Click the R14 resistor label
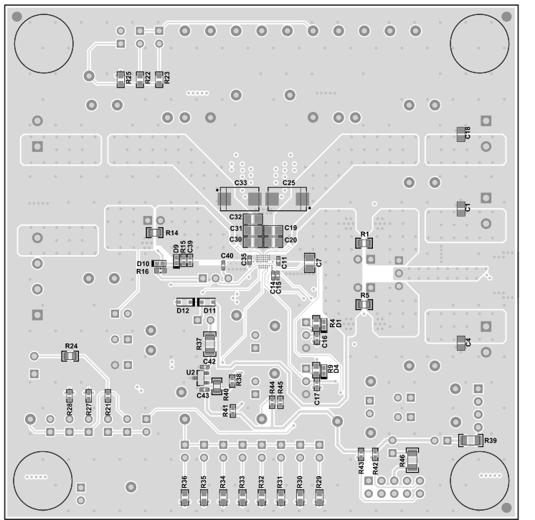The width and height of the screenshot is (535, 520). pyautogui.click(x=172, y=232)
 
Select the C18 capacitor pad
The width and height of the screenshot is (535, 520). pyautogui.click(x=460, y=133)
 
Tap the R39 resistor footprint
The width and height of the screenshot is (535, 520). pyautogui.click(x=470, y=440)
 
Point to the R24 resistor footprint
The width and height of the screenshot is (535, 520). pyautogui.click(x=70, y=356)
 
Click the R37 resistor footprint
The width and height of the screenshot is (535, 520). pyautogui.click(x=210, y=344)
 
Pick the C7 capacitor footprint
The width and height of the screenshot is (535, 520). pyautogui.click(x=309, y=263)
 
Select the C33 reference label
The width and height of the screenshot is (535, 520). pyautogui.click(x=240, y=184)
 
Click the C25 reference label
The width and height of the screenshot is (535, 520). pyautogui.click(x=288, y=184)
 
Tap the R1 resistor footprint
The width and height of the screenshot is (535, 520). pyautogui.click(x=364, y=243)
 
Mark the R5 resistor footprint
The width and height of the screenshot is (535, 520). pyautogui.click(x=364, y=305)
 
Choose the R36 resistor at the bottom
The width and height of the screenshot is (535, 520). pyautogui.click(x=184, y=495)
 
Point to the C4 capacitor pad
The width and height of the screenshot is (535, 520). pyautogui.click(x=460, y=344)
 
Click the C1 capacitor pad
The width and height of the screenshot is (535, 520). pyautogui.click(x=460, y=209)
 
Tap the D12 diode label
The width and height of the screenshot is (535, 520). pyautogui.click(x=182, y=311)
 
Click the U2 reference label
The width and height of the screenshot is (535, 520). pyautogui.click(x=190, y=372)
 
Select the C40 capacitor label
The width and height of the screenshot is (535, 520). pyautogui.click(x=227, y=256)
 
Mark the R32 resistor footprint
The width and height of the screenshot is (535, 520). pyautogui.click(x=262, y=495)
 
